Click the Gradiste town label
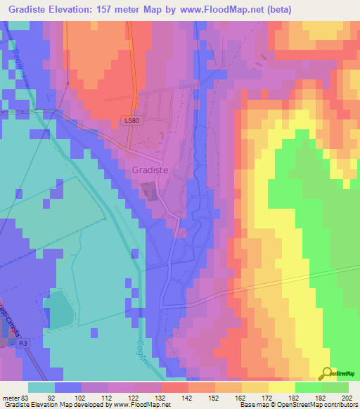pyautogui.click(x=150, y=170)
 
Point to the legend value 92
pyautogui.click(x=68, y=398)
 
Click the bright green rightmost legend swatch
pyautogui.click(x=335, y=387)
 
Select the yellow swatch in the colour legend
pyautogui.click(x=281, y=387)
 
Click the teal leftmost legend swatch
pyautogui.click(x=41, y=387)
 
